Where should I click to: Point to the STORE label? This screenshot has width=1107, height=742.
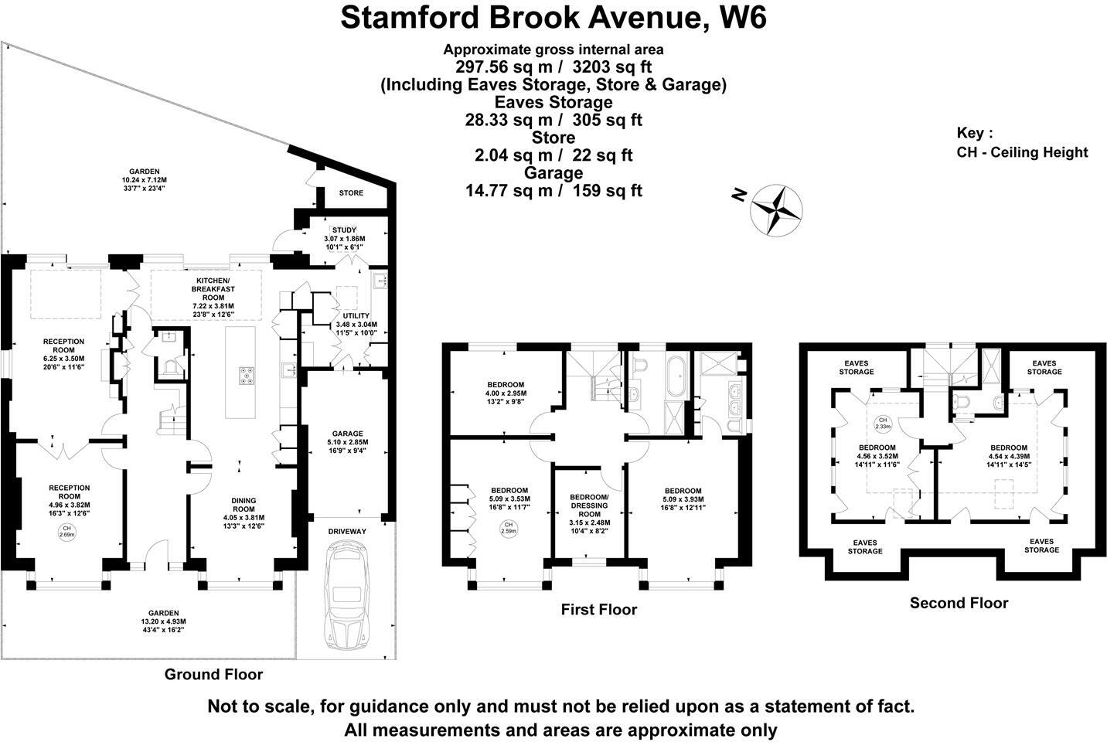351,192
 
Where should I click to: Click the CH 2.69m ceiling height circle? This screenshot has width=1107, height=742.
69,531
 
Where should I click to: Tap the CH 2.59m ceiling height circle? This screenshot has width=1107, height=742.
508,529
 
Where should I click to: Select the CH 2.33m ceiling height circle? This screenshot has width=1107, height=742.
882,423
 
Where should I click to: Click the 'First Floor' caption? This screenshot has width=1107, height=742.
598,610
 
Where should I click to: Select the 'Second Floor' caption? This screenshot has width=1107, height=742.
959,603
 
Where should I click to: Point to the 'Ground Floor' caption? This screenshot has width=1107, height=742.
213,674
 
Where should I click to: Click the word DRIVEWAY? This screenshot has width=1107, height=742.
347,532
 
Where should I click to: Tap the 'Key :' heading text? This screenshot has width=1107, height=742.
975,132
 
